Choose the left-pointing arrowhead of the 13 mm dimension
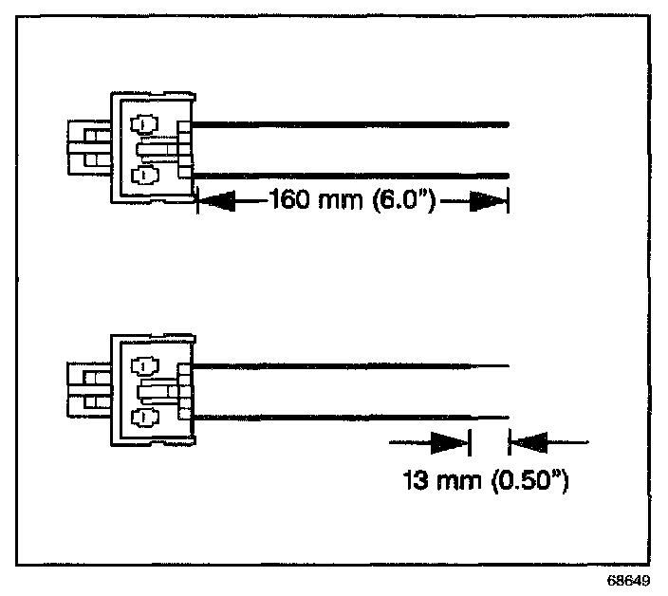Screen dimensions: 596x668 pyautogui.click(x=529, y=441)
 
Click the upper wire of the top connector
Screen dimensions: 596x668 pyautogui.click(x=351, y=123)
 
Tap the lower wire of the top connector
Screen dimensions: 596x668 pyautogui.click(x=351, y=175)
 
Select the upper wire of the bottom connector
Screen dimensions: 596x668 pyautogui.click(x=332, y=365)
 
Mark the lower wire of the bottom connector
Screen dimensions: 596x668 pyautogui.click(x=332, y=416)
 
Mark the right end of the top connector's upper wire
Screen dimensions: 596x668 pyautogui.click(x=509, y=123)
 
